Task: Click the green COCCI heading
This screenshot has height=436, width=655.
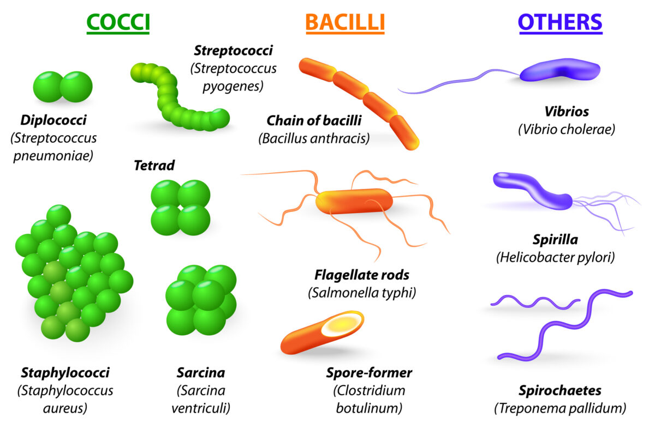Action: tap(118, 22)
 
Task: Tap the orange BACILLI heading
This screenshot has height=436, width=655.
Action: tap(345, 22)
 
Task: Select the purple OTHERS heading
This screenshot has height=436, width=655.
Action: tap(560, 22)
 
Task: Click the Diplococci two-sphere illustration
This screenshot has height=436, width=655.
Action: tap(63, 87)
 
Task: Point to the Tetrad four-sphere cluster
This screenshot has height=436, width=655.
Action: tap(180, 208)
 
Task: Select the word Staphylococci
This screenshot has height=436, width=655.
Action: tap(65, 373)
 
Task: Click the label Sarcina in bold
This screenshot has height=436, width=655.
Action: tap(200, 373)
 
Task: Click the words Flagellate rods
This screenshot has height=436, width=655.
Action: tap(362, 275)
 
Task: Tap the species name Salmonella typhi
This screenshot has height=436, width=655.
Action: tap(362, 293)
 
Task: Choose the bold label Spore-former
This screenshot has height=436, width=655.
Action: tap(369, 373)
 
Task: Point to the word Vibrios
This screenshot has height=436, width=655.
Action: tap(567, 112)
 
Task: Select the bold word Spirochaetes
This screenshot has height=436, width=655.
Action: tap(560, 390)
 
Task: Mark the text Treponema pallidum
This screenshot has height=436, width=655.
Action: tap(560, 408)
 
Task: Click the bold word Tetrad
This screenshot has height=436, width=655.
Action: tap(154, 165)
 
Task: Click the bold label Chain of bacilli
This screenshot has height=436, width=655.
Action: tap(314, 120)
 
